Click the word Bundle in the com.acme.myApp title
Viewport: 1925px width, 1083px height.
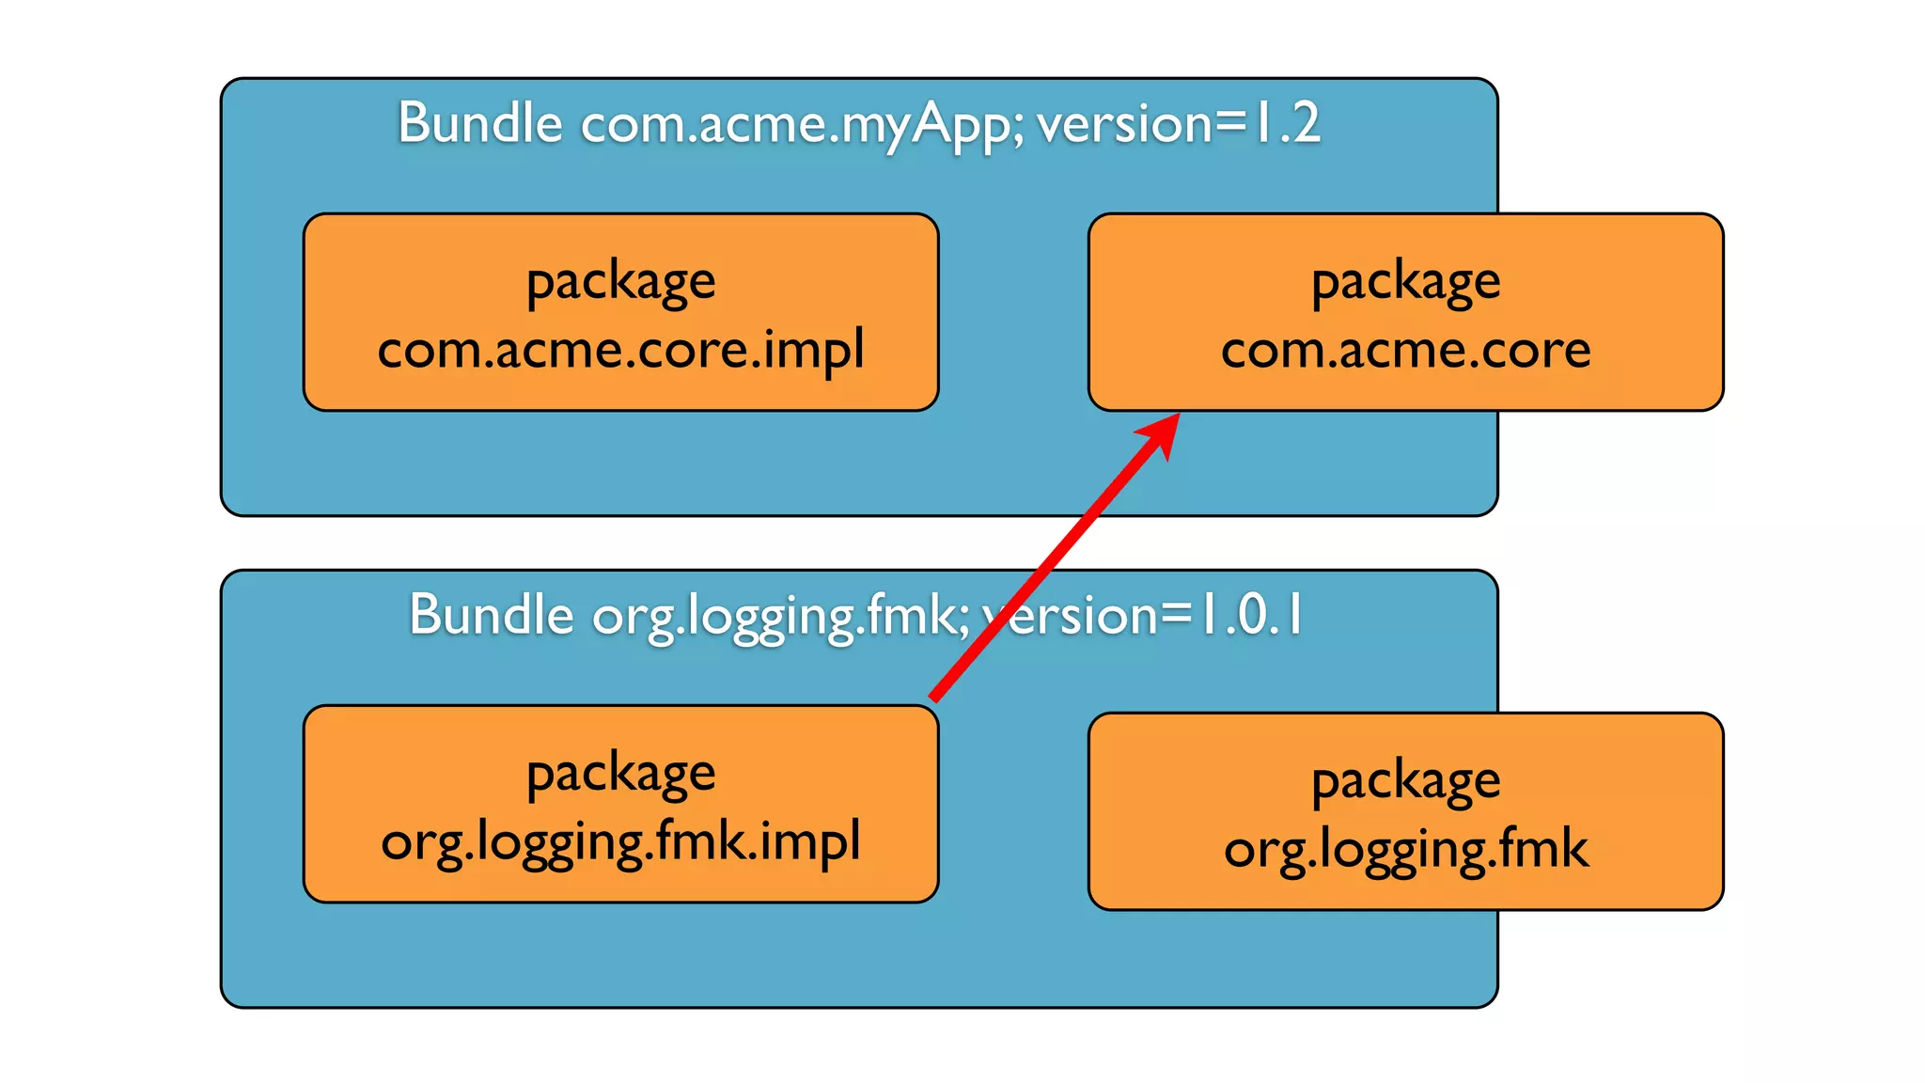(x=479, y=124)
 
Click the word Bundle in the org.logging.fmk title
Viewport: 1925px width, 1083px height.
(x=491, y=616)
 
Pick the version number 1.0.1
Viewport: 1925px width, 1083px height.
(x=1251, y=616)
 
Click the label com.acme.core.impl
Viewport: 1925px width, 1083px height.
(x=620, y=351)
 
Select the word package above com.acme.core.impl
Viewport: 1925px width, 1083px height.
(x=620, y=283)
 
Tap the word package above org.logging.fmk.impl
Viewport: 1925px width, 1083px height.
(x=620, y=776)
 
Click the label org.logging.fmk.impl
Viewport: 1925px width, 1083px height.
(x=620, y=842)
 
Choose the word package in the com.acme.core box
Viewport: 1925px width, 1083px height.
(x=1405, y=283)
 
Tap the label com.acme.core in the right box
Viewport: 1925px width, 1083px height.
(x=1405, y=351)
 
